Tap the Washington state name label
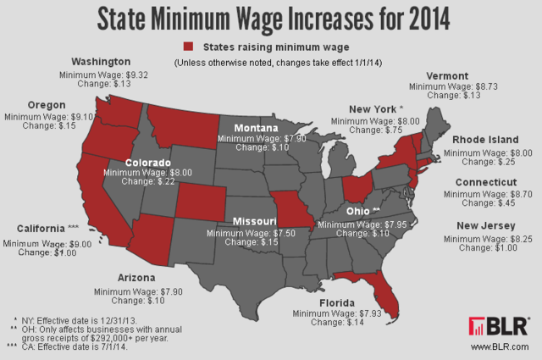[101, 62]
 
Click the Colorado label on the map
[148, 162]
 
